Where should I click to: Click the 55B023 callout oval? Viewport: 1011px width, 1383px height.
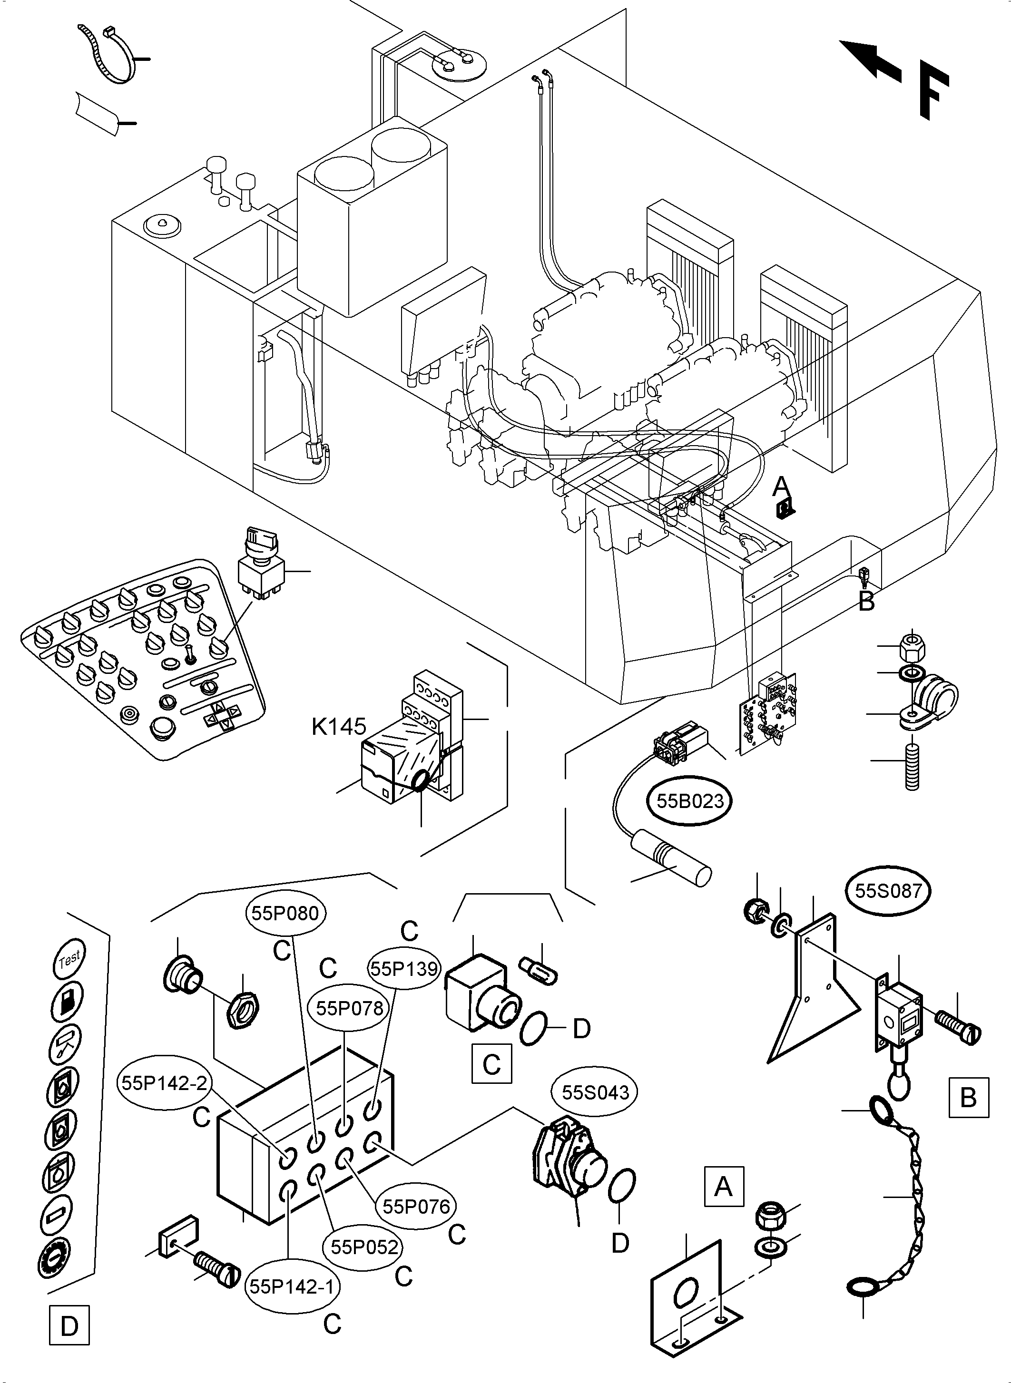pos(690,801)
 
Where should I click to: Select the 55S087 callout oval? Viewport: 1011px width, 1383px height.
pos(888,891)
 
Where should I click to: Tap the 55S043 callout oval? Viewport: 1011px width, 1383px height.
pos(595,1092)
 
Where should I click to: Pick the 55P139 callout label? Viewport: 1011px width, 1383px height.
pos(404,968)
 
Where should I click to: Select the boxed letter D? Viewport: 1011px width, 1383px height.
pos(69,1326)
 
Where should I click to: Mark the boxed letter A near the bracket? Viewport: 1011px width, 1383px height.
pos(723,1187)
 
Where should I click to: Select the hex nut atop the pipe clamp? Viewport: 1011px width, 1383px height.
pos(912,644)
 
